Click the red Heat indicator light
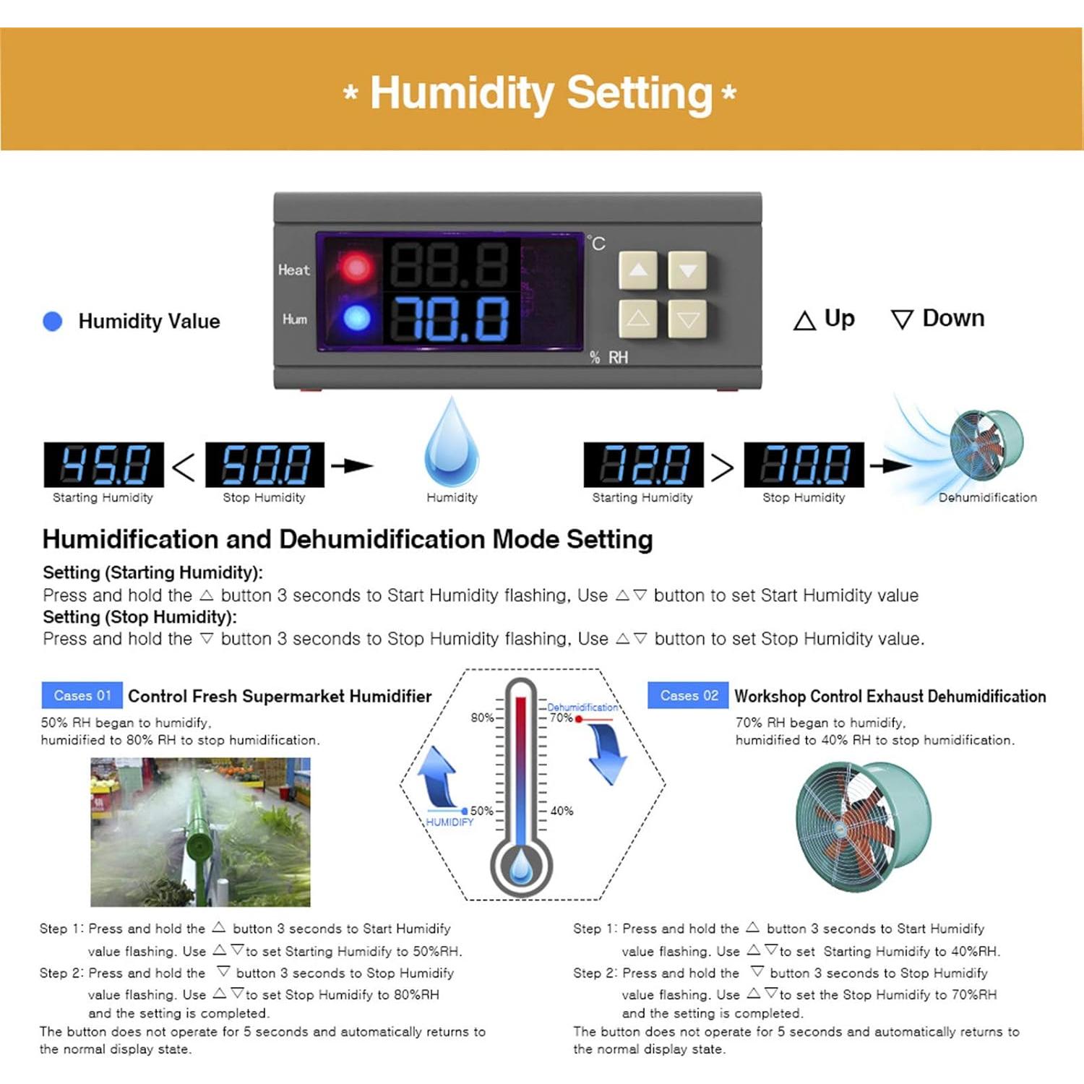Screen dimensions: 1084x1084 coord(356,268)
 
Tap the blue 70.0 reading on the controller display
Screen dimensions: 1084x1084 coord(450,319)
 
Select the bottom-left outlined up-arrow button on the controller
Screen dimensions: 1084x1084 coord(638,319)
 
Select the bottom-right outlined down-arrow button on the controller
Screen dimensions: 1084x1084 coord(687,319)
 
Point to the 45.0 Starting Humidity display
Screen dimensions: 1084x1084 coord(104,465)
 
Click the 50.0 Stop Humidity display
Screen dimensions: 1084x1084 coord(265,465)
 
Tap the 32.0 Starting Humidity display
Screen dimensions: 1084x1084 coord(643,465)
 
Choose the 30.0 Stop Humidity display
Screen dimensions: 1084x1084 coord(804,465)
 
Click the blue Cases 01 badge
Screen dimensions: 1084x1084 coord(82,695)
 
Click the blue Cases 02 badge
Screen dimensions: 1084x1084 coord(688,695)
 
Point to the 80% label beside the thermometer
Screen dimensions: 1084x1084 coord(482,718)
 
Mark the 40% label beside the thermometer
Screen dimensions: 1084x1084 coord(562,811)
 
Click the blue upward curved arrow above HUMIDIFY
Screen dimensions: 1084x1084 coord(439,778)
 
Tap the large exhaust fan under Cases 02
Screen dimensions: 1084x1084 coord(863,826)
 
